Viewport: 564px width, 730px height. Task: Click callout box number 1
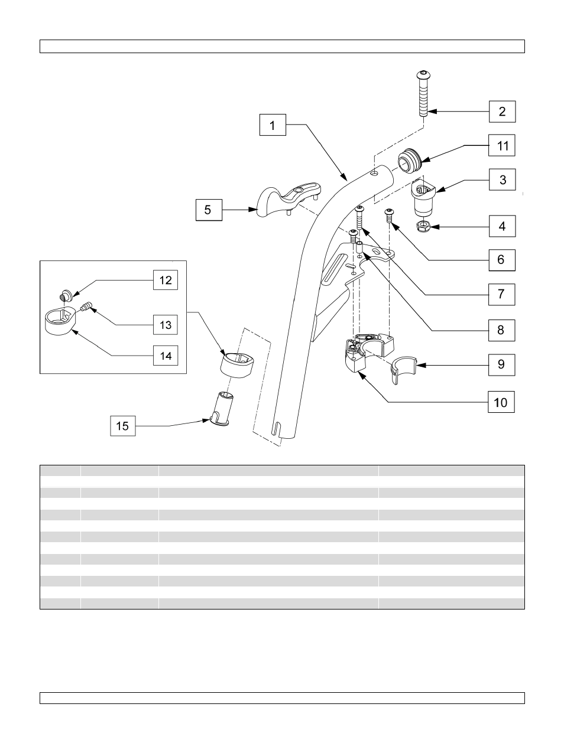[x=273, y=125]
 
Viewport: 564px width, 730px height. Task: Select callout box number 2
[x=501, y=111]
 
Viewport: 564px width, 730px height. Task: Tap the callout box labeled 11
[x=501, y=145]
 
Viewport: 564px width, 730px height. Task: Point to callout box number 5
[x=209, y=210]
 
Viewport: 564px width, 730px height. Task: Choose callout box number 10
[x=501, y=402]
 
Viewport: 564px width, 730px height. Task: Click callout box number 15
[x=123, y=425]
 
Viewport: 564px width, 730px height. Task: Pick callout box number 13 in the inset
[x=166, y=325]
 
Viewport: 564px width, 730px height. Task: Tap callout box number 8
[x=501, y=330]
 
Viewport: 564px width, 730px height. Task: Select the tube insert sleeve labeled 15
[x=222, y=408]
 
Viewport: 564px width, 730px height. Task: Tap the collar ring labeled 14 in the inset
[x=59, y=322]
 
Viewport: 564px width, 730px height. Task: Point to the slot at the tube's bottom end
[x=277, y=429]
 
